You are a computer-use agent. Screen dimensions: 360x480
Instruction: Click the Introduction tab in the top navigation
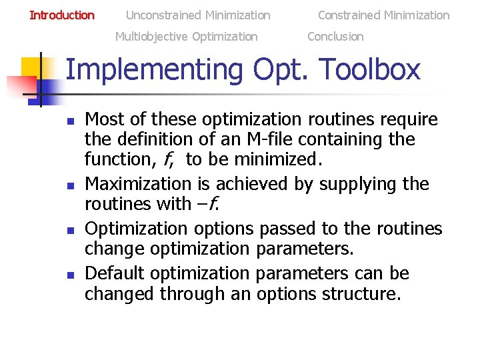click(x=62, y=15)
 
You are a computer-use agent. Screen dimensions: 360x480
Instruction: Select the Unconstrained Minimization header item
click(x=198, y=15)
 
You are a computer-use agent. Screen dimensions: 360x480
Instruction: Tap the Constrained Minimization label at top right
click(x=383, y=15)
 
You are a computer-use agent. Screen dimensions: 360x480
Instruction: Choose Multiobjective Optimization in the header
click(x=186, y=37)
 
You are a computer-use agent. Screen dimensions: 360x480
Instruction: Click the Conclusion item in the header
click(x=335, y=37)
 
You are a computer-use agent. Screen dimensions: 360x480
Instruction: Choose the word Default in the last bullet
click(x=118, y=273)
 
